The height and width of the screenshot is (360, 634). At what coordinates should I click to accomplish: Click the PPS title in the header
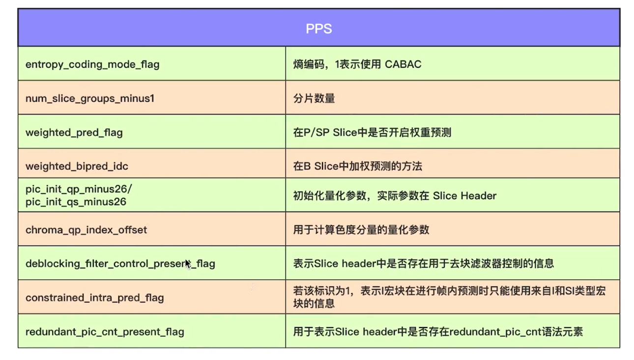(x=318, y=28)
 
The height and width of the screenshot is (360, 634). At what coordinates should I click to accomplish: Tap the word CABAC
(x=403, y=64)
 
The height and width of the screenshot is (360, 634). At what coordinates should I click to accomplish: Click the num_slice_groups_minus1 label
(x=90, y=98)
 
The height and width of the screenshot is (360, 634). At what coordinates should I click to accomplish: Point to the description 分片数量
(x=314, y=98)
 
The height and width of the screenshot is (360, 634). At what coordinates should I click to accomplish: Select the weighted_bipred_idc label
(x=77, y=166)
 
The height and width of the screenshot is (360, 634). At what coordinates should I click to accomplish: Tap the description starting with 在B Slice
(x=358, y=166)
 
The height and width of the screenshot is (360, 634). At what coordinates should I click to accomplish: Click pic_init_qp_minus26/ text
(x=79, y=189)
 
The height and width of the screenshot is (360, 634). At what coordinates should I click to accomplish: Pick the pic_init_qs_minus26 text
(x=76, y=202)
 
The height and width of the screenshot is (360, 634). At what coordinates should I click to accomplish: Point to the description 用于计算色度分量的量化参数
(x=361, y=230)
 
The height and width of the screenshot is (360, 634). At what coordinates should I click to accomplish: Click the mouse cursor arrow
(x=188, y=264)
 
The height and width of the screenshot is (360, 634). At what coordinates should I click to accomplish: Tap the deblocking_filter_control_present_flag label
(x=120, y=264)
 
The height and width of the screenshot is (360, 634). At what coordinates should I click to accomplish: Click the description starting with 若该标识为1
(x=450, y=297)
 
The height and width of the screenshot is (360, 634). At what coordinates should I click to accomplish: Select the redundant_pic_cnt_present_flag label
(x=105, y=332)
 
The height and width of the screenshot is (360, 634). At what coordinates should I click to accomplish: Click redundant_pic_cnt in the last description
(x=491, y=332)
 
